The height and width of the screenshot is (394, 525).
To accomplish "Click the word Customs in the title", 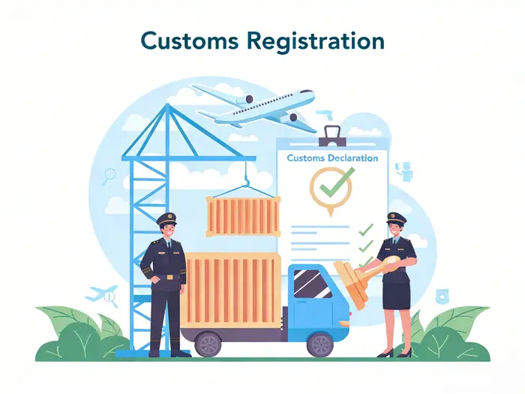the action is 190,41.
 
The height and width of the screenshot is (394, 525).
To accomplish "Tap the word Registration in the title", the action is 316,42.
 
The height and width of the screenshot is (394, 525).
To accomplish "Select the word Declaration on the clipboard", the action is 353,158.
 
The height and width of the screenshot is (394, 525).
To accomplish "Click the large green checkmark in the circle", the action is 337,182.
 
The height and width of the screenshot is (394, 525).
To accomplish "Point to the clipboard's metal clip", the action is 332,136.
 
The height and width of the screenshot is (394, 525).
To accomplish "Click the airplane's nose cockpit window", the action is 306,92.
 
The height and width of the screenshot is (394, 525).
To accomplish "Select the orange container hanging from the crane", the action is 244,216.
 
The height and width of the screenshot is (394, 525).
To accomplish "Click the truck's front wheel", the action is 320,344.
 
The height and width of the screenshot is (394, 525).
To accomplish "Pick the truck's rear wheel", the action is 208,344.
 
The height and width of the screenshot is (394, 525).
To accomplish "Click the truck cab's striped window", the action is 312,284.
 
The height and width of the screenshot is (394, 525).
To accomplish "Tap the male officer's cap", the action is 166,219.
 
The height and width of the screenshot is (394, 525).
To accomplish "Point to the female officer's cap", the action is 397,218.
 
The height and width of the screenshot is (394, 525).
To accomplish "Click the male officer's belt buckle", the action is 169,277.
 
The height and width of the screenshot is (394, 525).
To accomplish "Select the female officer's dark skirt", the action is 397,295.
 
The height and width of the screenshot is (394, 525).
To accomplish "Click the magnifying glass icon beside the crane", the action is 109,176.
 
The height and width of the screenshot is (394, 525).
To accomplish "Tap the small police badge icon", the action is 442,296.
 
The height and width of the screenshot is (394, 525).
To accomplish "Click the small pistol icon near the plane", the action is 325,114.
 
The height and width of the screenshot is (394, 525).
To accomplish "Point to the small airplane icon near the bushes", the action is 102,293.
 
